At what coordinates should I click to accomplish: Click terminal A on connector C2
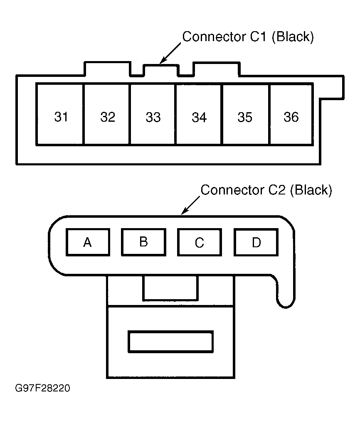tap(88, 242)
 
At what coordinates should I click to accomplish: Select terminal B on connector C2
tap(143, 242)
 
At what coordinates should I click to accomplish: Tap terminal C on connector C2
tap(200, 243)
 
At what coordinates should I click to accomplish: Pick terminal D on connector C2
tap(256, 242)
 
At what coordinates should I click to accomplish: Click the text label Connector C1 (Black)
tap(248, 37)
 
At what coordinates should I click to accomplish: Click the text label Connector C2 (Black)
tap(266, 190)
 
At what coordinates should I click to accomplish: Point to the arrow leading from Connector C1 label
tap(170, 54)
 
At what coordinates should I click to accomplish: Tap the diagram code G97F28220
tap(42, 389)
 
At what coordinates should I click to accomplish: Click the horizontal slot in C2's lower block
tap(170, 341)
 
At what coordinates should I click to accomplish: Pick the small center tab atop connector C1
tap(161, 70)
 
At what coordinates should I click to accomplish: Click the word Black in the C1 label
tap(293, 37)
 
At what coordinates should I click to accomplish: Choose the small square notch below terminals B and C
tap(170, 288)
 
